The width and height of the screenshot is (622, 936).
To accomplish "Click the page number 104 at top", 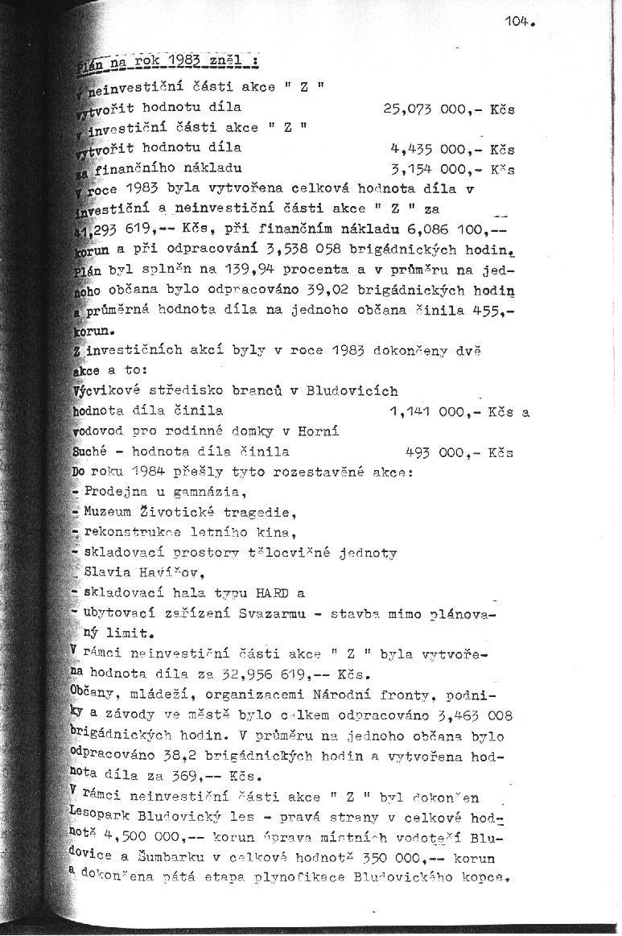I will tap(520, 22).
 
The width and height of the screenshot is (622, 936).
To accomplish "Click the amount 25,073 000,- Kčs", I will tap(451, 106).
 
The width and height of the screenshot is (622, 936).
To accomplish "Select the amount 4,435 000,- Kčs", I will tap(451, 148).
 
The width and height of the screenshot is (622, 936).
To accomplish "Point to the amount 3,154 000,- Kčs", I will tap(451, 169).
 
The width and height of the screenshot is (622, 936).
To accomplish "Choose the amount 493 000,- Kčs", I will tap(459, 452).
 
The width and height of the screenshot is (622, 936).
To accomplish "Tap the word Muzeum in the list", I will tap(107, 512).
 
